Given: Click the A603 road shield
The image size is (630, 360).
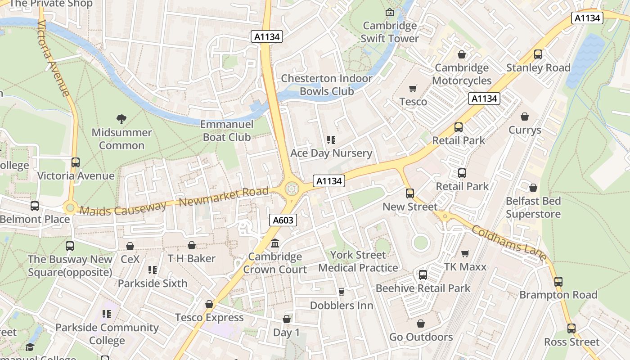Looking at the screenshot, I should point(283,220).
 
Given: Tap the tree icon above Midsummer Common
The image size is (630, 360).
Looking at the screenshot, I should point(121,119).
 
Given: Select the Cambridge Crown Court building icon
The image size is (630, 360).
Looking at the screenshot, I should point(275,243).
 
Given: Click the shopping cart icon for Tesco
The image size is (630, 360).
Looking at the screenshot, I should point(413,89).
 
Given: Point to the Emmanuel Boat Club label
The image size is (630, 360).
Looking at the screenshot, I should point(227,130).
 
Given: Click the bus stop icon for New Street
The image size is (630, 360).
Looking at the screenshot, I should point(409,193).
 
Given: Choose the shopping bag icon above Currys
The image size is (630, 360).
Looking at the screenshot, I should point(525,117).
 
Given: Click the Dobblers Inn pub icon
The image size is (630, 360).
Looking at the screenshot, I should point(341,292).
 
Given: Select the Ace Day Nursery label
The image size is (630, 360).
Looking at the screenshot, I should point(331,153).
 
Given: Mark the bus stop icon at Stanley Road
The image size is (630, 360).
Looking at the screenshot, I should point(538,54).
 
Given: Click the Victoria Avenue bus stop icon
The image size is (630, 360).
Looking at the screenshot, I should point(76,162).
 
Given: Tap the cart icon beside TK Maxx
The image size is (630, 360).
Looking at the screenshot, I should point(465,254).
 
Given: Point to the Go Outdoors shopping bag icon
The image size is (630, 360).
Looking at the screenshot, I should point(420,324).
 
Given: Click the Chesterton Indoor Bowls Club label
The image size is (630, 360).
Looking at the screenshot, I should point(327,85).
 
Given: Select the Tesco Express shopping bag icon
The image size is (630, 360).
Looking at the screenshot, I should point(209,304).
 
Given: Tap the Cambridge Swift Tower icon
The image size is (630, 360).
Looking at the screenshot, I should point(390,12).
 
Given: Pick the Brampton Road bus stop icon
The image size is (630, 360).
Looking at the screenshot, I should point(558,282).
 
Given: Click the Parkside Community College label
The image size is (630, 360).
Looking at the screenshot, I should point(107,333).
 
